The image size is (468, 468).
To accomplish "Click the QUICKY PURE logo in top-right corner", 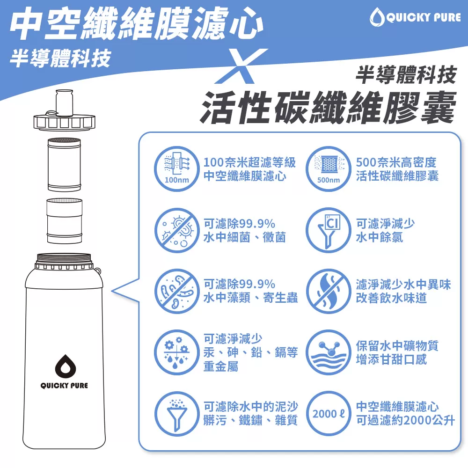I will [x=416, y=17].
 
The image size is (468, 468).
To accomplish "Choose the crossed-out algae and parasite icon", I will [x=177, y=291].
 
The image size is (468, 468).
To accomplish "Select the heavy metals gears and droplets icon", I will [x=177, y=352].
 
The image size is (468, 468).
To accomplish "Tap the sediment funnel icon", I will [x=177, y=414].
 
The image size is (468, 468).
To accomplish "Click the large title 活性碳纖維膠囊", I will [x=328, y=108].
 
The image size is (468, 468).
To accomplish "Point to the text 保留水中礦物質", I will [x=397, y=346].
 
